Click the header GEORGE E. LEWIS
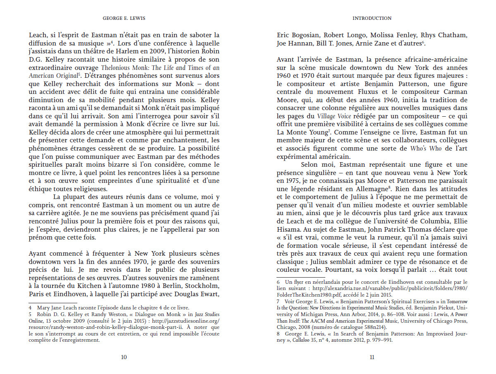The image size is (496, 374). click(124, 19)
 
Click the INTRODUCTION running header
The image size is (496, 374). click(372, 19)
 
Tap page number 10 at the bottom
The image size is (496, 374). click(124, 357)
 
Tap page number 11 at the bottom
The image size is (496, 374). click(372, 357)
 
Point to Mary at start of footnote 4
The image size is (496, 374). click(43, 308)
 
